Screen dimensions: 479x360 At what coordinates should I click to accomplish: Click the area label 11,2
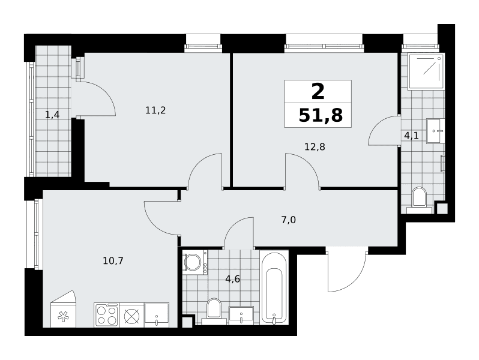click(155, 110)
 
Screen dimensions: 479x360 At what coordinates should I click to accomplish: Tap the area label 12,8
click(315, 147)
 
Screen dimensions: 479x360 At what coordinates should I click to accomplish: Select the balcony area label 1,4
click(52, 115)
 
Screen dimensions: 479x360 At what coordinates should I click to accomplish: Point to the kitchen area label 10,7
click(113, 261)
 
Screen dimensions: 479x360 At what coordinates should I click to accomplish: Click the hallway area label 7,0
click(288, 220)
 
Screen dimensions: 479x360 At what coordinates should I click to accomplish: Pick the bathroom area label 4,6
click(232, 279)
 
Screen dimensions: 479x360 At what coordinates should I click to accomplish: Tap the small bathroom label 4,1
click(411, 136)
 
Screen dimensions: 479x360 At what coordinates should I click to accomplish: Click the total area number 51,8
click(321, 115)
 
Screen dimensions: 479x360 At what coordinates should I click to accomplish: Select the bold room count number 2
click(318, 92)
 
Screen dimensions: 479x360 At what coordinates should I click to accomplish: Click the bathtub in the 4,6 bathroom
click(274, 287)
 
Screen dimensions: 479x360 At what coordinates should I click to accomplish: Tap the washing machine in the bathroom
click(195, 262)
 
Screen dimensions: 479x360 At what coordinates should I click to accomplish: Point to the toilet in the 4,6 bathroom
click(214, 311)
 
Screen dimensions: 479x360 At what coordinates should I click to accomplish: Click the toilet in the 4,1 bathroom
click(419, 200)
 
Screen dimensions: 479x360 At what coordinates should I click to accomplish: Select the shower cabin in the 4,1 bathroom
click(426, 71)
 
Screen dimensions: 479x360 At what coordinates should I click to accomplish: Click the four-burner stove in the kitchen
click(107, 315)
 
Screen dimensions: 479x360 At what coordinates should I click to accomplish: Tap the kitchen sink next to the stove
click(157, 315)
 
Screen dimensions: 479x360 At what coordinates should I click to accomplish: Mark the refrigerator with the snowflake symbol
click(63, 309)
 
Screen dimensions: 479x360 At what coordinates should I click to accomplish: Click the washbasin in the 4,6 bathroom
click(241, 316)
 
